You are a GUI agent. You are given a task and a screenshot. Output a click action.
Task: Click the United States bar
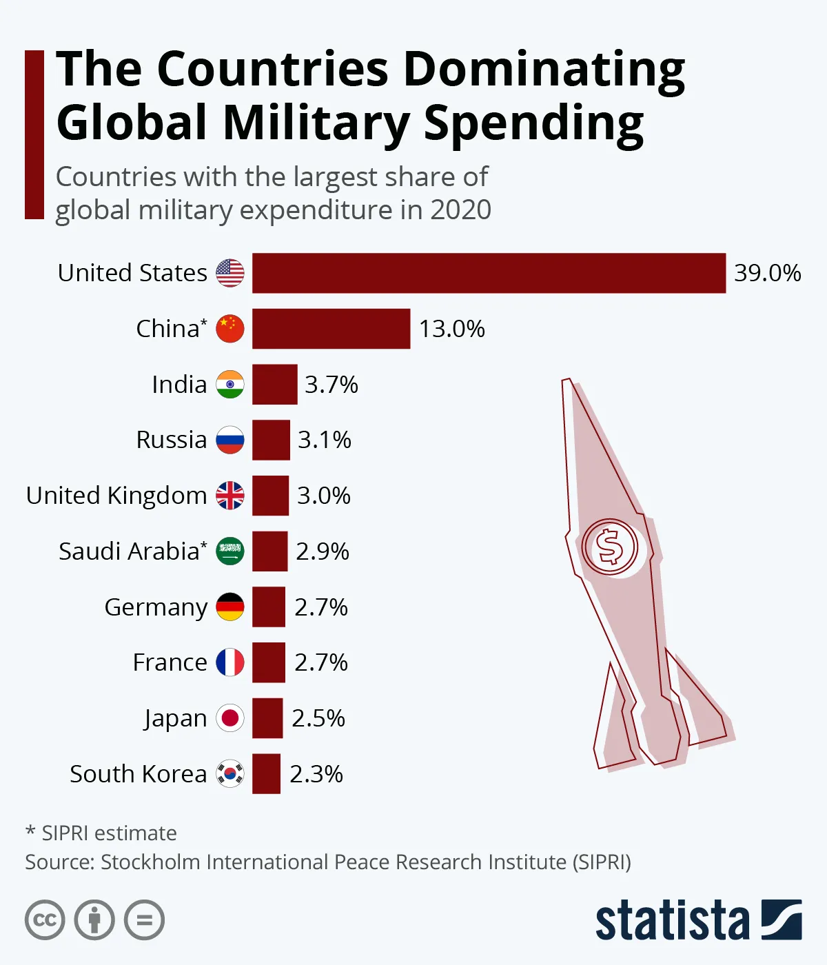(489, 273)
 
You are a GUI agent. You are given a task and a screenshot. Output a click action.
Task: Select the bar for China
(331, 329)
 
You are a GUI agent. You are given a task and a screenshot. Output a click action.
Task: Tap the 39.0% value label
(767, 273)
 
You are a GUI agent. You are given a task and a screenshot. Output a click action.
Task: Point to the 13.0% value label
(452, 329)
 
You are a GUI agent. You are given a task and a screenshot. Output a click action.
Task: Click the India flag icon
(230, 385)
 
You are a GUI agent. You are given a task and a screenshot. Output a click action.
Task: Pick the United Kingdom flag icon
(230, 496)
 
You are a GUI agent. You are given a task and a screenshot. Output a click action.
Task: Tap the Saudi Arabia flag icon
(230, 551)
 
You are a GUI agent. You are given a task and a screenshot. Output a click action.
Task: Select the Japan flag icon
(230, 718)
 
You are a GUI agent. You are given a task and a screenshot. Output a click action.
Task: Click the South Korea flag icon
(230, 774)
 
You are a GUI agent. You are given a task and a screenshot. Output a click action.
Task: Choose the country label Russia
(172, 440)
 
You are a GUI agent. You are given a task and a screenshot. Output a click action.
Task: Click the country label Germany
(156, 607)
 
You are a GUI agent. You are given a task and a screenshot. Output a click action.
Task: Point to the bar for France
(269, 662)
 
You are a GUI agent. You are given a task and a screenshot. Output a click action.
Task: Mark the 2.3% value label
(316, 774)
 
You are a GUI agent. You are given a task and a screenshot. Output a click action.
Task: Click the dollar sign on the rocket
(610, 547)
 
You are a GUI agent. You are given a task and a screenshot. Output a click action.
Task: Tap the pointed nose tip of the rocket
(566, 381)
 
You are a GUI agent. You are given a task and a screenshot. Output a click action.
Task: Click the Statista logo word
(672, 920)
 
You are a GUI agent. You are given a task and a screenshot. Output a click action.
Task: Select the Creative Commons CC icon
(45, 920)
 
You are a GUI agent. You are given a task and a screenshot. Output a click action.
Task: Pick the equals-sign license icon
(145, 920)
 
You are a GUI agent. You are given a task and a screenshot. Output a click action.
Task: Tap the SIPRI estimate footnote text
(102, 833)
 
